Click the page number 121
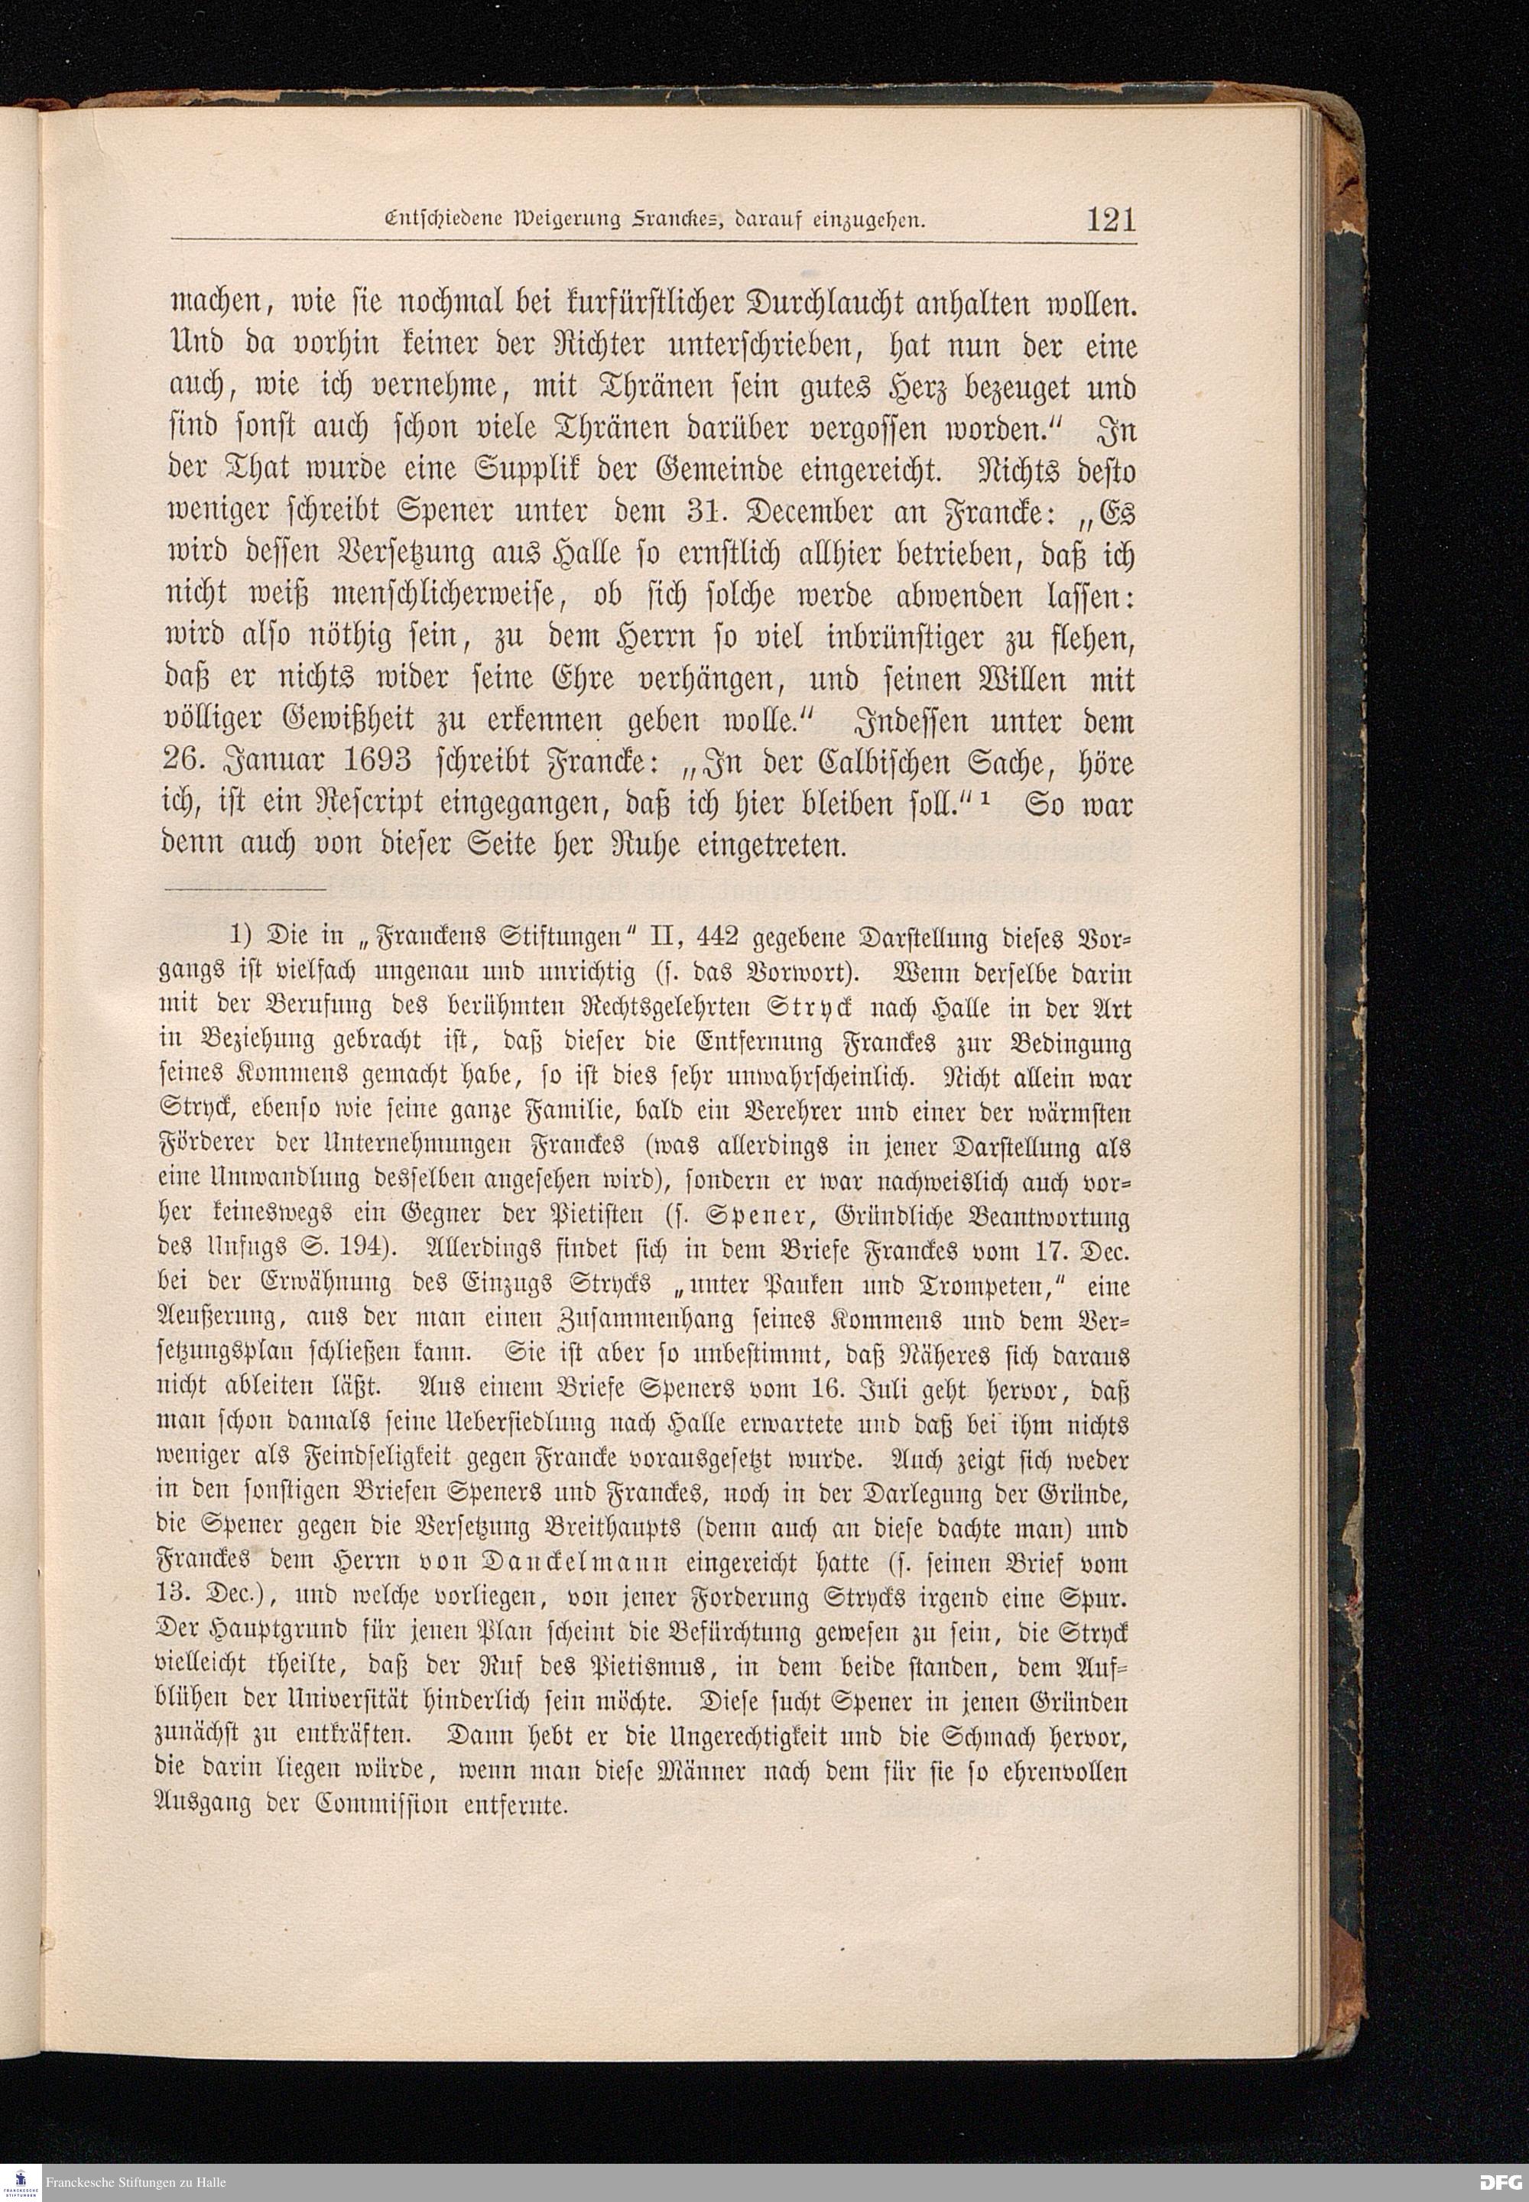coord(1110,220)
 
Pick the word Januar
coord(258,762)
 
